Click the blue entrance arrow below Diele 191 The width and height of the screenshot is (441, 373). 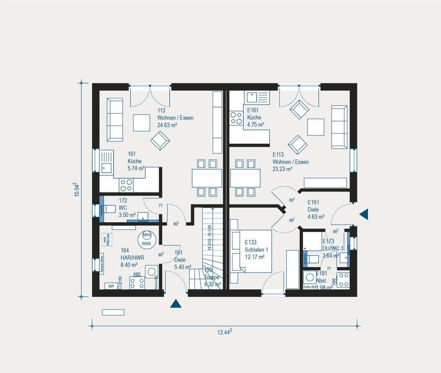(175, 304)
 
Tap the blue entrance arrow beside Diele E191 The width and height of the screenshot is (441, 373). (364, 213)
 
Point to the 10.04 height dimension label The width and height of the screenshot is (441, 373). (76, 190)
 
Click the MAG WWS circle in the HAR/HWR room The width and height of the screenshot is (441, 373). (147, 239)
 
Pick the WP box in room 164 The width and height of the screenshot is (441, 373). (111, 286)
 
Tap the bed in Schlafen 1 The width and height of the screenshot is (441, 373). (252, 251)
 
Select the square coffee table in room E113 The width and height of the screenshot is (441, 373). (315, 126)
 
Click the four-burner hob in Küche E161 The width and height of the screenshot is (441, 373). (236, 118)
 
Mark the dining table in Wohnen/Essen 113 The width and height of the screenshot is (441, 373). (207, 178)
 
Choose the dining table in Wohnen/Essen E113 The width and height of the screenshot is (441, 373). (245, 178)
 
